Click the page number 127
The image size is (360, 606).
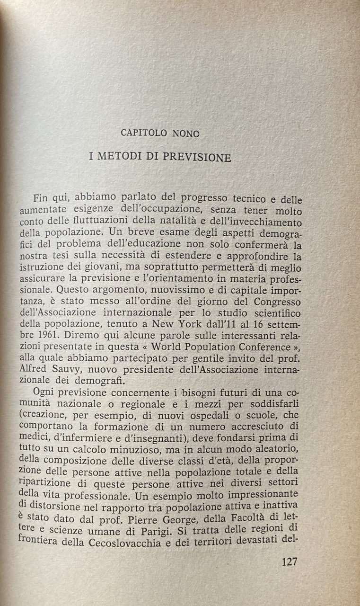coord(289,562)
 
